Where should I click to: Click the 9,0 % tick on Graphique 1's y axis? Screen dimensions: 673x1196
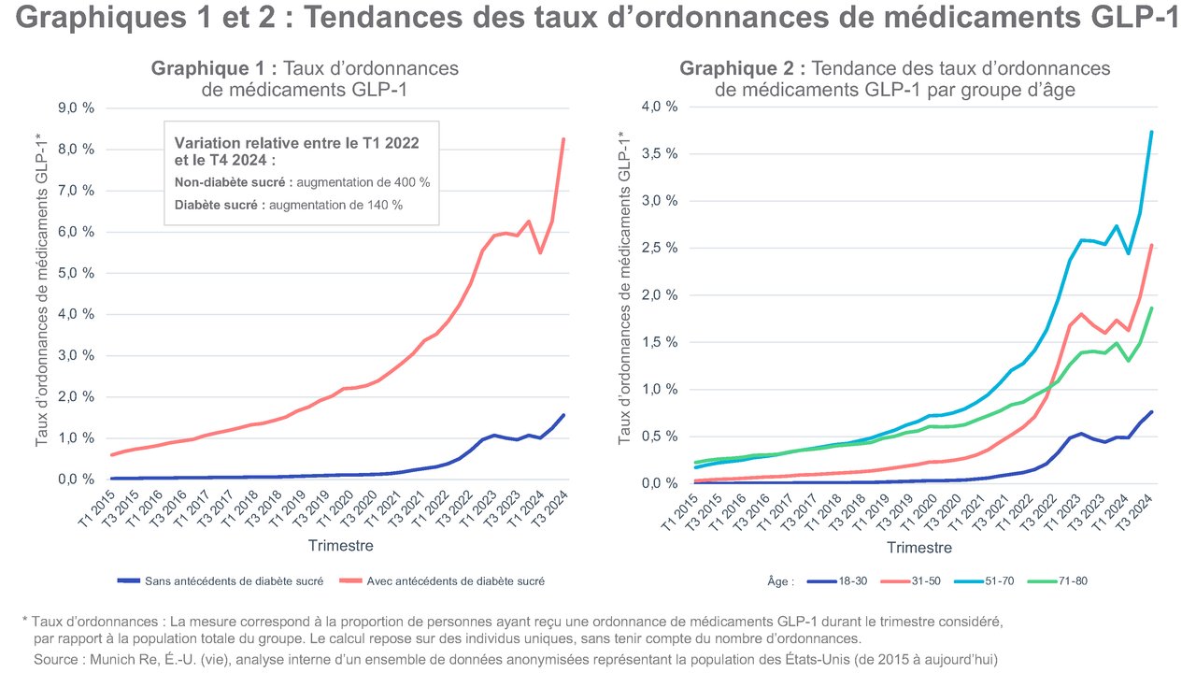[x=76, y=108]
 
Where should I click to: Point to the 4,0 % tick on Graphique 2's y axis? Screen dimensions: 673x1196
[x=659, y=107]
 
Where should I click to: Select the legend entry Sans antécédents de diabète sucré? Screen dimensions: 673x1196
[x=234, y=580]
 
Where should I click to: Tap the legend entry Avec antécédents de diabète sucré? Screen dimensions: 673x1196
[x=455, y=580]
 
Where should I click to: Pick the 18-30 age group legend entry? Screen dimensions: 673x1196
[x=849, y=580]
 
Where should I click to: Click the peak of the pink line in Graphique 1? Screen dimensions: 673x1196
[x=563, y=139]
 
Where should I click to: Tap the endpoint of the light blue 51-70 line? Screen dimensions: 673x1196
[x=1151, y=132]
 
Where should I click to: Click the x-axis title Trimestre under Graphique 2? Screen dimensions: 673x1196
[x=919, y=548]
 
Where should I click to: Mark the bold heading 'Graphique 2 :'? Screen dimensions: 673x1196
[x=743, y=68]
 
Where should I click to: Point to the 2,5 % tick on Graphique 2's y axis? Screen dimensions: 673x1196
[x=659, y=248]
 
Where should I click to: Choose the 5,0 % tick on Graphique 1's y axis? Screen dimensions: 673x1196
[x=76, y=273]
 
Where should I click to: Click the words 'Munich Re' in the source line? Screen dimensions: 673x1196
[x=115, y=660]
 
